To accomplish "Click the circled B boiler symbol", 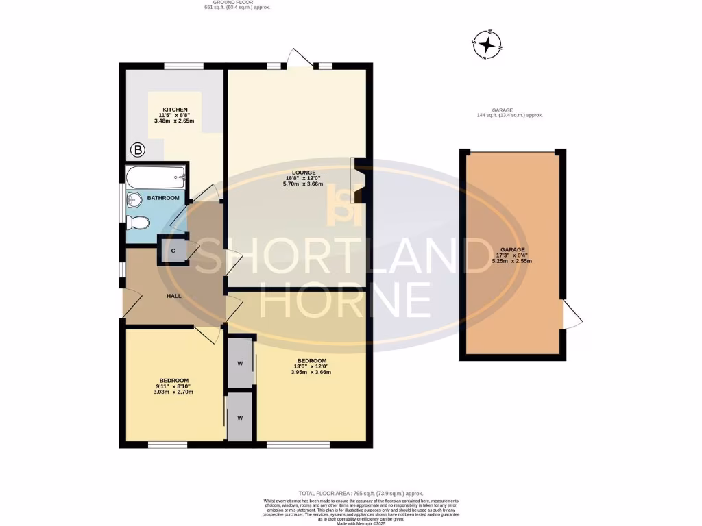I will tap(136, 149).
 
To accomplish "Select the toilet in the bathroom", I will tap(139, 223).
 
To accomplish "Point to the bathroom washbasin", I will tap(134, 199).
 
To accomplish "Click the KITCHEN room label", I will tap(173, 110).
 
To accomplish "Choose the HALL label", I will tap(173, 296).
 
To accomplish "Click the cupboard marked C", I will tap(173, 251).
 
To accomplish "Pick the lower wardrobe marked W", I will tap(241, 416).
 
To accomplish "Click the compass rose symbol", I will tap(488, 45).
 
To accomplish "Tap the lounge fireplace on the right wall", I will tap(359, 180).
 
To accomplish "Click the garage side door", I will tap(572, 314).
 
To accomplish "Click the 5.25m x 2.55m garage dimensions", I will tap(512, 261).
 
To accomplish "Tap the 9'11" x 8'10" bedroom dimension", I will tap(173, 388).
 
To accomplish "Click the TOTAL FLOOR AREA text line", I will tap(361, 493).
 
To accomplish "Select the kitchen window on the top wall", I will tap(184, 66).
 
